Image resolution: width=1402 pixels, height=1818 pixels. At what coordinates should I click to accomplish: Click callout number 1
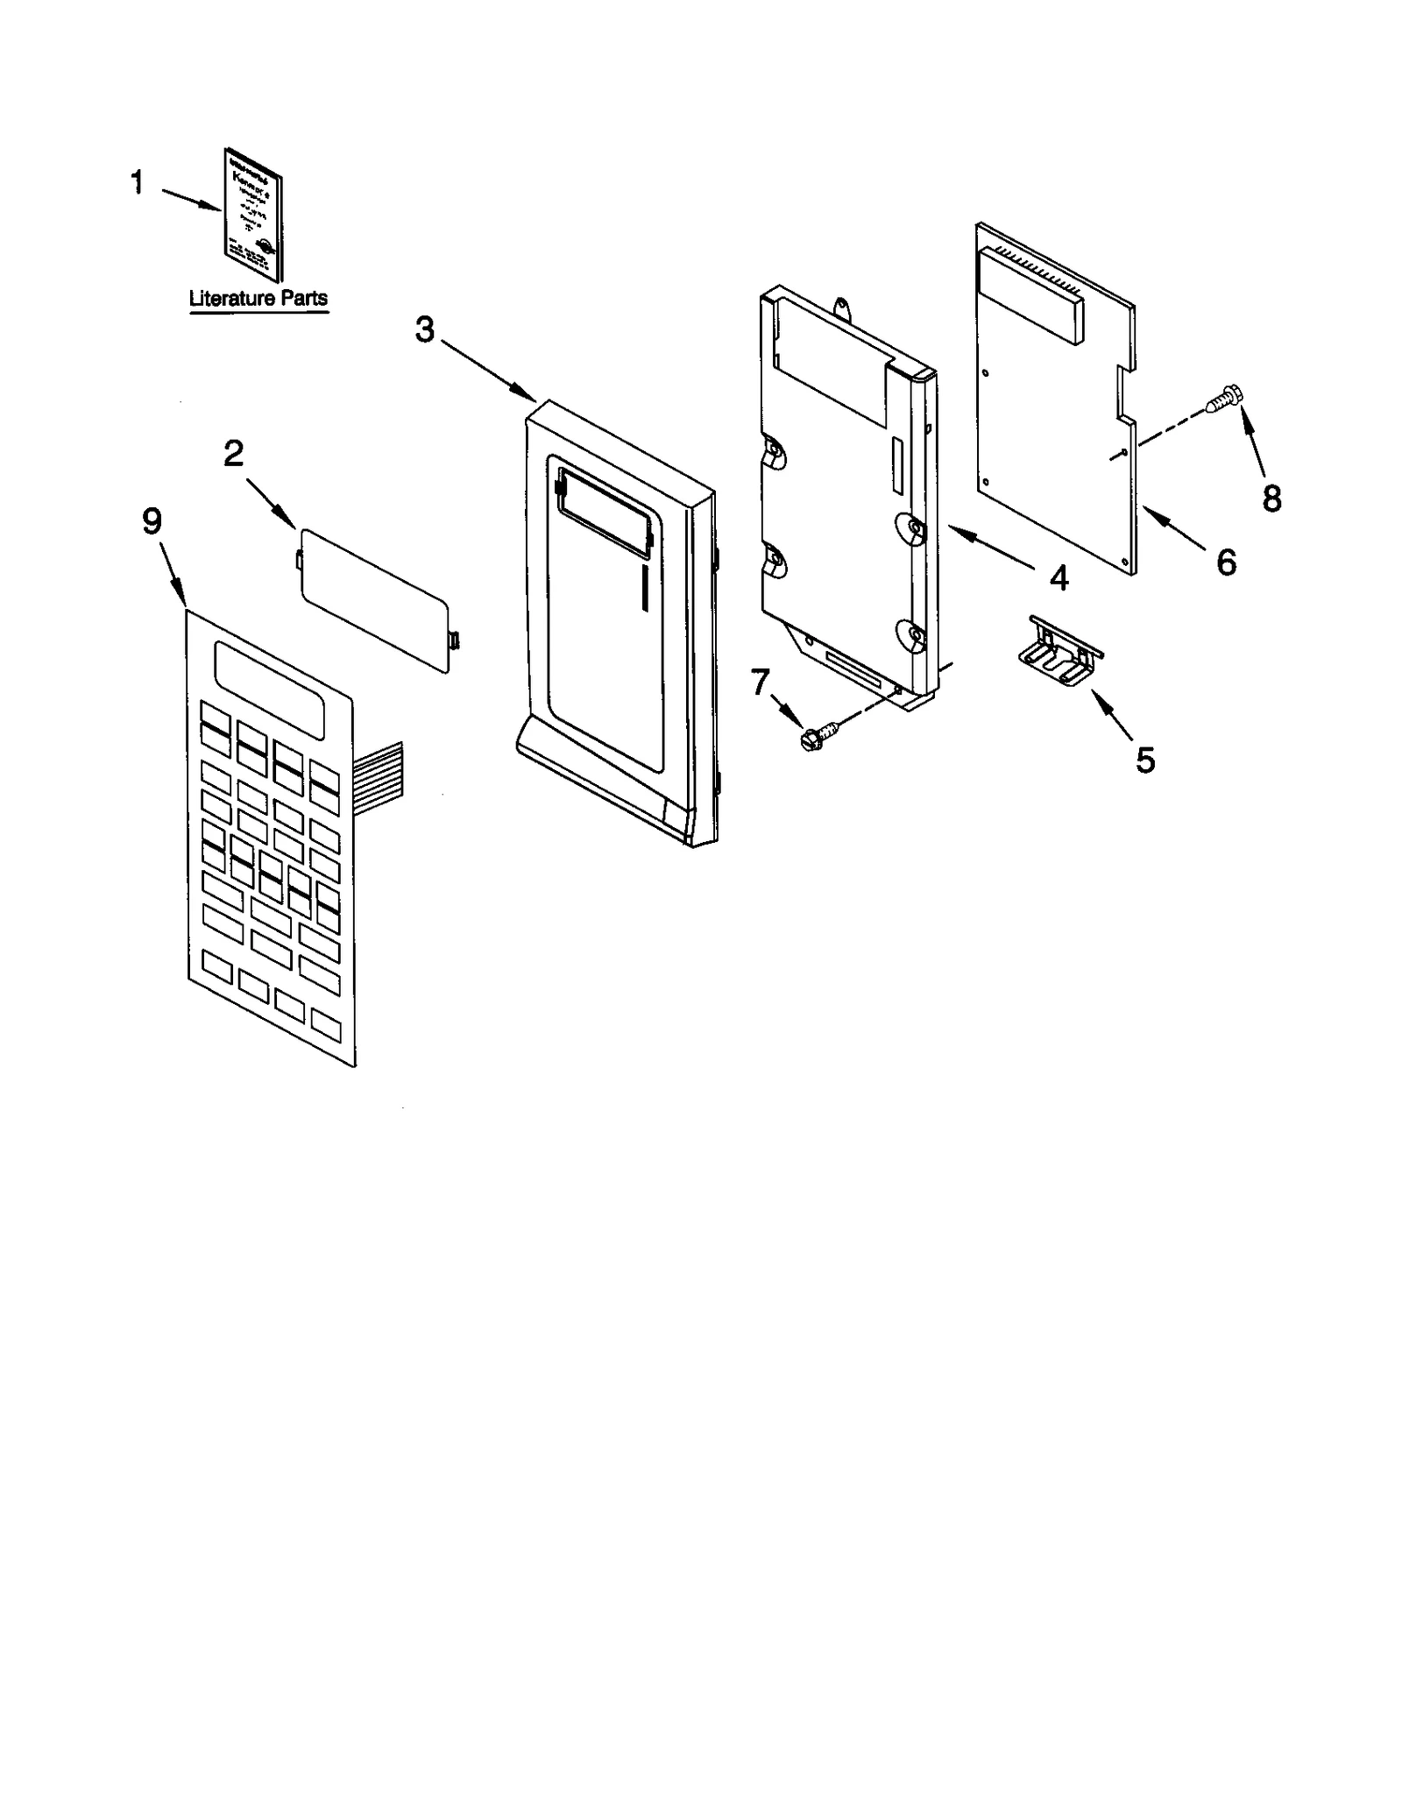(137, 183)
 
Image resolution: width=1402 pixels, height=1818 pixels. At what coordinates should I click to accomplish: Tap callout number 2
(233, 454)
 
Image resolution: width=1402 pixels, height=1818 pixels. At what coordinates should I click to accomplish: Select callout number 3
(424, 330)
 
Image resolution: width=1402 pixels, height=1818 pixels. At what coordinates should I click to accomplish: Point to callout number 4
(1059, 577)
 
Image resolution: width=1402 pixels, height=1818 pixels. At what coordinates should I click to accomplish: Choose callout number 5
(1145, 760)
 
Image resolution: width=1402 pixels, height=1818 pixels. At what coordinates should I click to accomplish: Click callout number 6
(1226, 562)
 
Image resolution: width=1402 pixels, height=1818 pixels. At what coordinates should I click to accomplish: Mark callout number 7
(760, 681)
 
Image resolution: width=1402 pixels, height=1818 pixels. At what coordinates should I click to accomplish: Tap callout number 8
(1271, 499)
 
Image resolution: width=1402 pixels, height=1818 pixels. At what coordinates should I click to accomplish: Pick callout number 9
(152, 522)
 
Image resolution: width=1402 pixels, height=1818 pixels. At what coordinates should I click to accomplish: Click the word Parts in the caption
(303, 299)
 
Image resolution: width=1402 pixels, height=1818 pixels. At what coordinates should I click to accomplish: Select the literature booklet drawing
(253, 214)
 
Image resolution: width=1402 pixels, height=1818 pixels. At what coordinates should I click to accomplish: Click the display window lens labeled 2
(377, 599)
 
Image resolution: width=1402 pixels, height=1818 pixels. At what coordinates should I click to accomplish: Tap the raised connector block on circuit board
(1030, 291)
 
